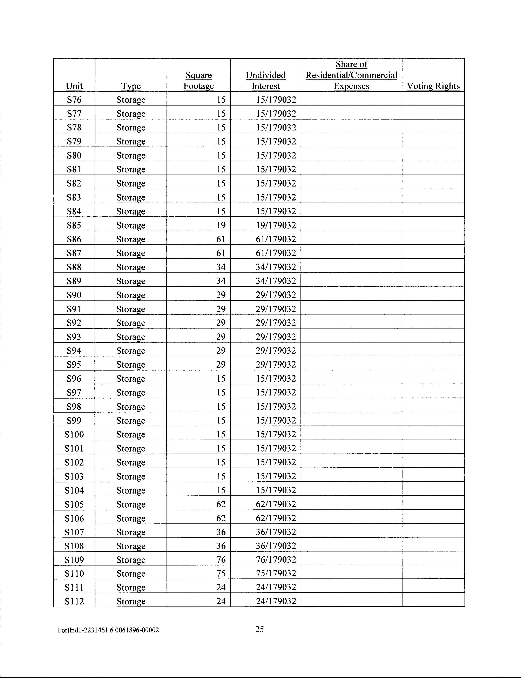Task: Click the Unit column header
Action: pos(74,86)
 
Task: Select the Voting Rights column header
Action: pos(433,86)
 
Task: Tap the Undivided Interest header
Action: pos(265,81)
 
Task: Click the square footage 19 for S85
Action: pos(221,225)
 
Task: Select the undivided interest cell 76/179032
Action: pos(276,560)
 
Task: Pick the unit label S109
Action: pos(74,560)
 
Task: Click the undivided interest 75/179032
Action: pos(276,573)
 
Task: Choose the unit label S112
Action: pos(74,601)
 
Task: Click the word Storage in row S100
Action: pos(131,434)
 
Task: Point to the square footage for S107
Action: pos(221,532)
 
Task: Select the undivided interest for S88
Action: pos(276,267)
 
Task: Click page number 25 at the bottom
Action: pos(259,629)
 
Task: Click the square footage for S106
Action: pos(221,518)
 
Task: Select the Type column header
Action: pos(131,86)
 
